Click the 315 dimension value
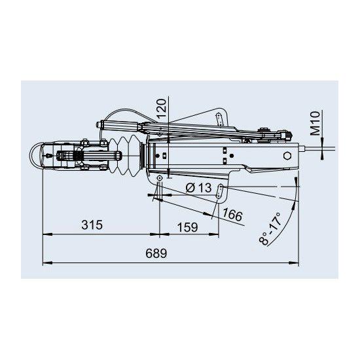tap(92, 225)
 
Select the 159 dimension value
tap(188, 227)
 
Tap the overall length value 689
tap(156, 253)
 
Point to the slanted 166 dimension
tap(232, 215)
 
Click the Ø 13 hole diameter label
tap(198, 188)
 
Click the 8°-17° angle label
tap(270, 229)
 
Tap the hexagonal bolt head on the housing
tap(287, 156)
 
